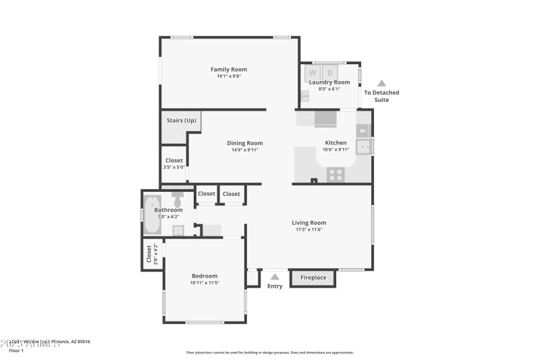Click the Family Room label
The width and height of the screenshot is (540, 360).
228,69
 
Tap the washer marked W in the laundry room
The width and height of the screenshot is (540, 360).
312,72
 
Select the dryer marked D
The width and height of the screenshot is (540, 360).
330,72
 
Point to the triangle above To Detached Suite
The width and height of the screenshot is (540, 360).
381,83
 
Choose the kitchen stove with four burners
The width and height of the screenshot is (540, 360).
336,174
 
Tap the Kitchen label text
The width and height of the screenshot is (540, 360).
335,143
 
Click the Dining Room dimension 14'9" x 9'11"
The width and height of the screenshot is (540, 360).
244,150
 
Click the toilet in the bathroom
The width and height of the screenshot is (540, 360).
178,200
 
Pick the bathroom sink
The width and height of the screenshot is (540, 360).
178,230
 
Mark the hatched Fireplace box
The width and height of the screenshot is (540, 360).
313,278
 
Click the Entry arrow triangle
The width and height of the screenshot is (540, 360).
274,276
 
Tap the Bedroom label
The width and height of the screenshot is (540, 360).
204,276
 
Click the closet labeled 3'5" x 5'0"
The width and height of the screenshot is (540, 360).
173,163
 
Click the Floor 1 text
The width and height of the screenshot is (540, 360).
16,351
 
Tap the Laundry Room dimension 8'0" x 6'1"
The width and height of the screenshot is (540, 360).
329,88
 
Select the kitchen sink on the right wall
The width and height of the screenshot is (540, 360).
364,145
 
